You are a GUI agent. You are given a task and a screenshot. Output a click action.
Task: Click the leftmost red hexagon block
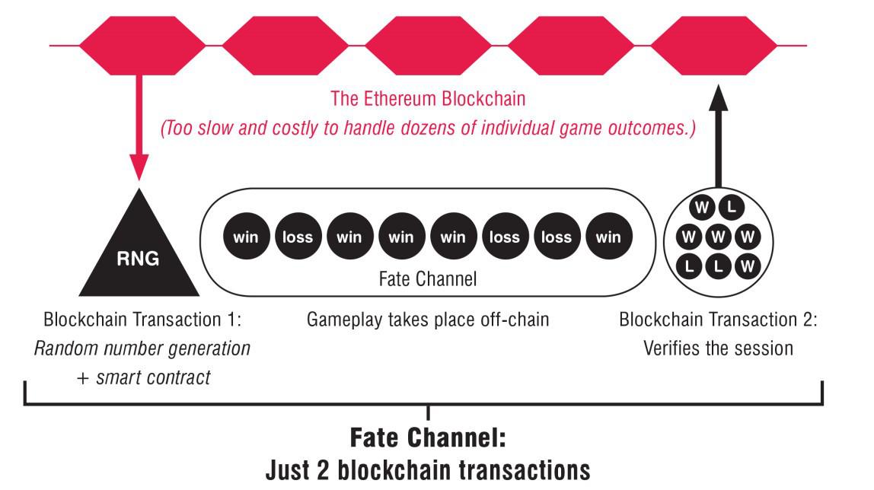coord(142,46)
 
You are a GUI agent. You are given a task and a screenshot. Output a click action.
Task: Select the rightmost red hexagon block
coord(714,46)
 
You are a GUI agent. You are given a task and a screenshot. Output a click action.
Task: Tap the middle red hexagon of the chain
coord(428,46)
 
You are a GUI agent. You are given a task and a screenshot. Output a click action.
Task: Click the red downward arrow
coord(139,127)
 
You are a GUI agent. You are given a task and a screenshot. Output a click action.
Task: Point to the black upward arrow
coord(719,136)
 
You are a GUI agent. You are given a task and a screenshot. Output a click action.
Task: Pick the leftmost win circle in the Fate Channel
coord(247,236)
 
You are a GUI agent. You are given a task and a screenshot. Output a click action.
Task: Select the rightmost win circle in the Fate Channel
coord(609,236)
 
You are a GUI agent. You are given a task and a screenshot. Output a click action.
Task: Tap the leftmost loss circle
coord(298,236)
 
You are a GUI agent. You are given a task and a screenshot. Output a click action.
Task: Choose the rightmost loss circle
coord(557,236)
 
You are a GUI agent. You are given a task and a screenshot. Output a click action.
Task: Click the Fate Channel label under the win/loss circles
coord(428,278)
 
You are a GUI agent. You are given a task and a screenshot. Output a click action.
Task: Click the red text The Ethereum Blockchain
coord(428,99)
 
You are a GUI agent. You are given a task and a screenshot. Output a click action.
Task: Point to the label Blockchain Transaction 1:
coord(142,319)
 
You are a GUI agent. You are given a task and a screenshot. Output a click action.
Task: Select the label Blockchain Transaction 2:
coord(719,319)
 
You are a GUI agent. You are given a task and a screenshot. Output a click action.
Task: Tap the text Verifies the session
coord(719,348)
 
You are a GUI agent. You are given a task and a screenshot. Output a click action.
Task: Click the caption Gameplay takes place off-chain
coord(428,319)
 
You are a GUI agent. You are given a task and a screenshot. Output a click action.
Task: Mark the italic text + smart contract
coord(143,377)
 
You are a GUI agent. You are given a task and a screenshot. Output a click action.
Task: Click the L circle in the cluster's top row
coord(732,208)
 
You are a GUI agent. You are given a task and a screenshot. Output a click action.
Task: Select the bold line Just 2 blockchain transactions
coord(428,470)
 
